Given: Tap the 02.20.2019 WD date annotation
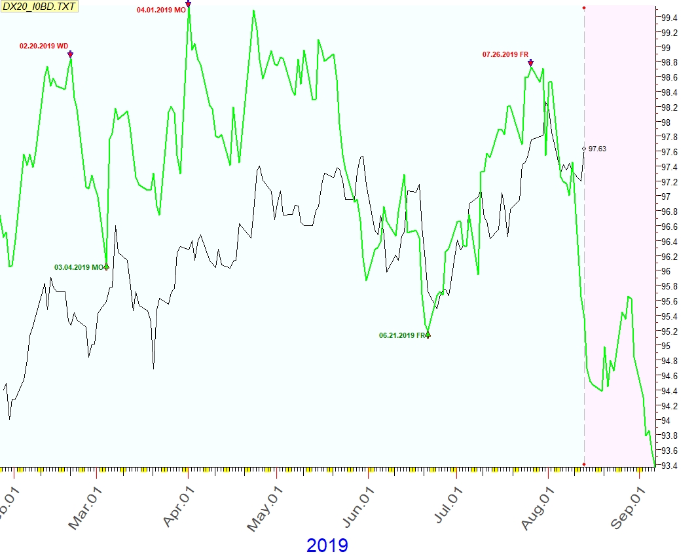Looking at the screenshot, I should point(43,46).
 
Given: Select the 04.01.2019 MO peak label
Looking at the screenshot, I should point(161,10).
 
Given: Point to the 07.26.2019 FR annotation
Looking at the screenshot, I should point(505,55).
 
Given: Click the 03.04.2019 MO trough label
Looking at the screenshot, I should point(79,267).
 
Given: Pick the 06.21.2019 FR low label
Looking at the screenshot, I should point(401,335).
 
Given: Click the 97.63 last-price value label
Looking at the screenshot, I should point(597,149).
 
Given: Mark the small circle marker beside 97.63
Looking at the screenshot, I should point(584,149).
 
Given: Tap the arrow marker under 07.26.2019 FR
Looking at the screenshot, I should point(530,63).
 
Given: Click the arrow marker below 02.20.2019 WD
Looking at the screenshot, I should point(71,54).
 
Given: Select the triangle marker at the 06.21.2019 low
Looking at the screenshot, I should point(428,335).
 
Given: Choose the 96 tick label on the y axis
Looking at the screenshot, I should point(665,271).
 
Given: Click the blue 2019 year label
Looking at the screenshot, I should point(327,545).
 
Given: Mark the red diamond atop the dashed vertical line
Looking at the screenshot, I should point(584,7).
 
